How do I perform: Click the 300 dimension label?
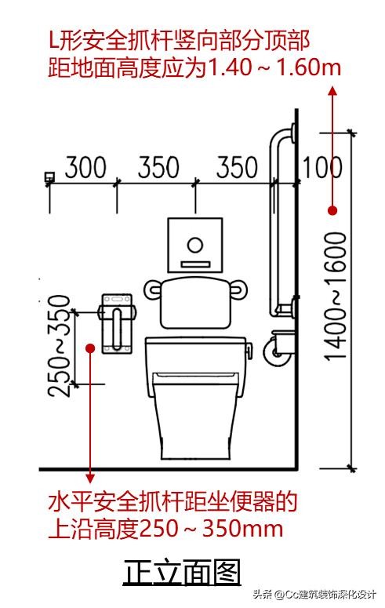click(85, 168)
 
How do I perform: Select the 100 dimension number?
click(321, 168)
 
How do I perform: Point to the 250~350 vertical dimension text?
click(59, 346)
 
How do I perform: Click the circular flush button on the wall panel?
click(195, 245)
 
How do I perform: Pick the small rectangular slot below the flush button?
click(196, 264)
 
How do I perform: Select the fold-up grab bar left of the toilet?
click(117, 323)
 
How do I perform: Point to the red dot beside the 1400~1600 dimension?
click(332, 210)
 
